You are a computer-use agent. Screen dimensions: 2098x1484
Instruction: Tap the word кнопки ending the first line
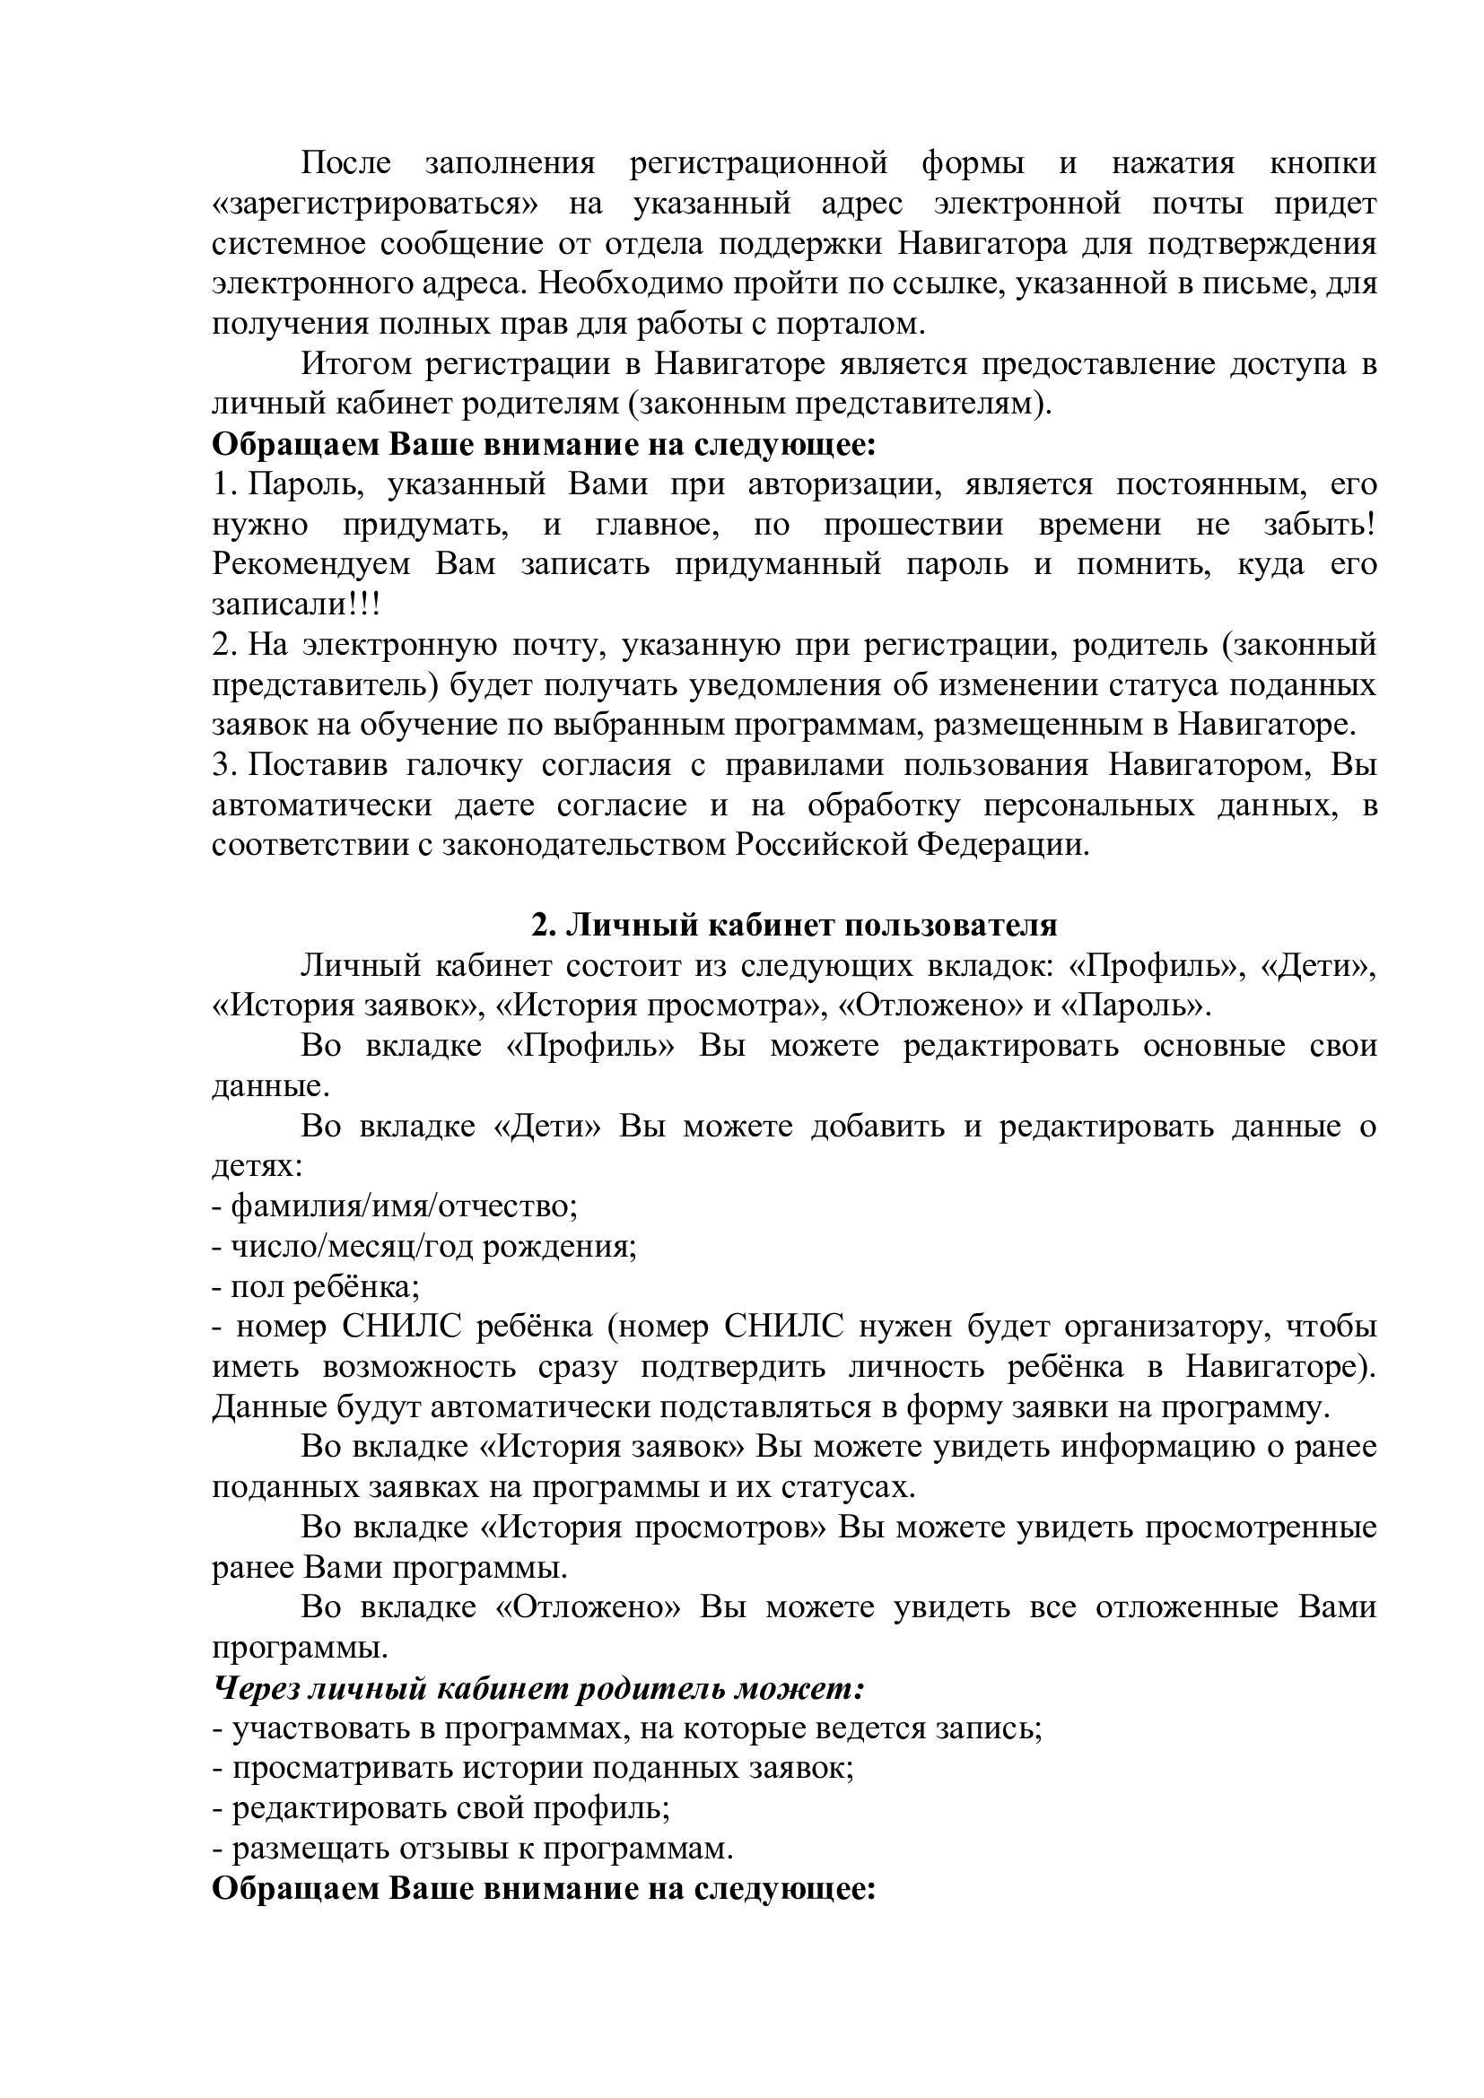(x=1323, y=163)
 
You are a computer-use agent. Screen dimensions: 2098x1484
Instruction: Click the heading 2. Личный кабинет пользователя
(x=794, y=925)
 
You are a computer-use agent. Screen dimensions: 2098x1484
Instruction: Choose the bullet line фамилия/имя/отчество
(x=395, y=1206)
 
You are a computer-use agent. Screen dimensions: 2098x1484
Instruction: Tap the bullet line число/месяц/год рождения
(x=424, y=1247)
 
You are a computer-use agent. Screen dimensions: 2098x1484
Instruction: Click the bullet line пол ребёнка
(x=315, y=1286)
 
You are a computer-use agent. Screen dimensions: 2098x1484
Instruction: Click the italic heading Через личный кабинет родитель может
(x=538, y=1688)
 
